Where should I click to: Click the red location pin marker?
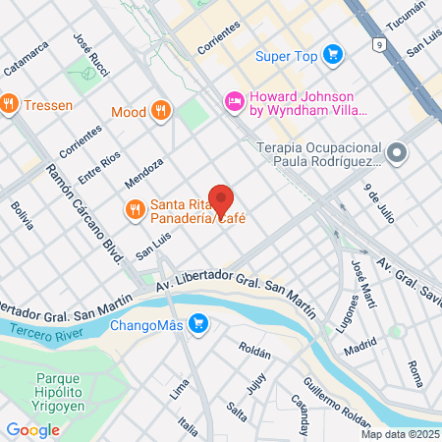[x=221, y=200]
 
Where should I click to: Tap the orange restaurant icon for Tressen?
[x=9, y=103]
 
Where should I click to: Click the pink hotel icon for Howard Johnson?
[x=234, y=100]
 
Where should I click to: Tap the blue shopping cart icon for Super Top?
[x=333, y=56]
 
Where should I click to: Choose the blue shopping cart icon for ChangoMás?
[x=198, y=323]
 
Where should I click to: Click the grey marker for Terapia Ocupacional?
[x=397, y=153]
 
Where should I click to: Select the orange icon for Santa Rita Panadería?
[x=136, y=208]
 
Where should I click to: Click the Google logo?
[x=33, y=429]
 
